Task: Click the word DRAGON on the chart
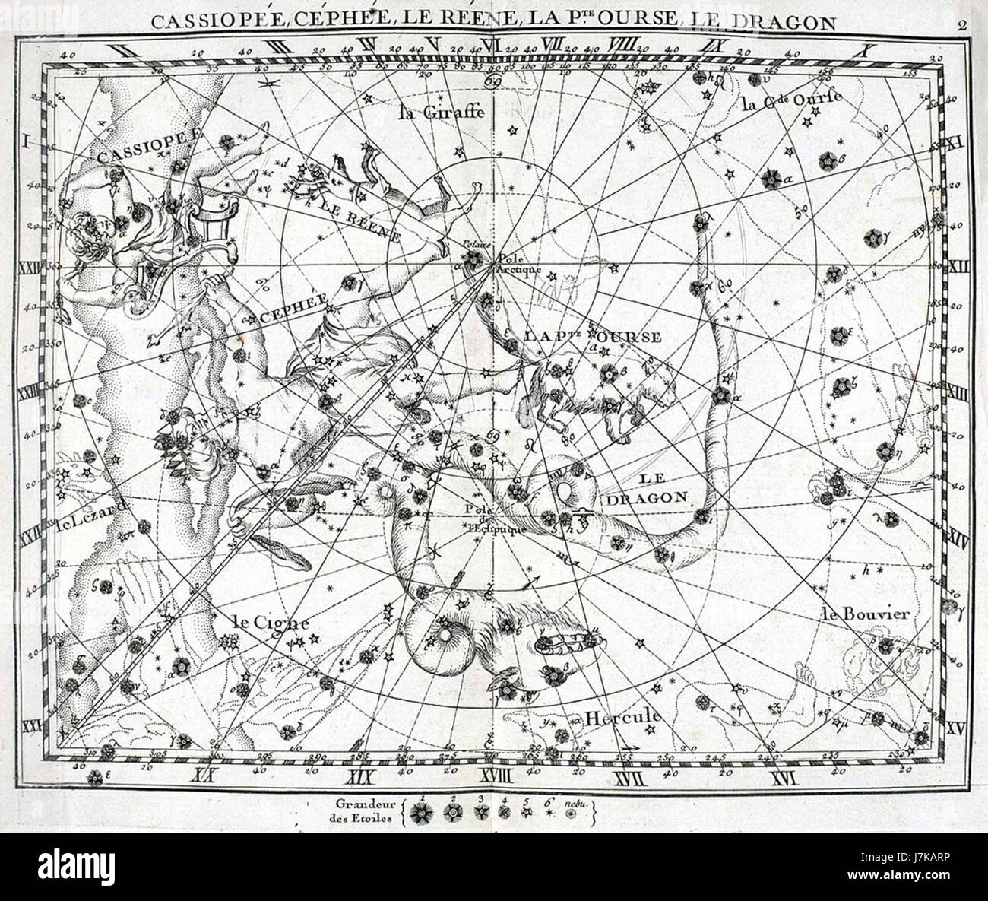click(x=647, y=498)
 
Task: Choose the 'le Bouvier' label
click(x=864, y=614)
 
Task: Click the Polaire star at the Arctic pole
click(x=473, y=260)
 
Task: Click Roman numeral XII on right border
click(x=960, y=267)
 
